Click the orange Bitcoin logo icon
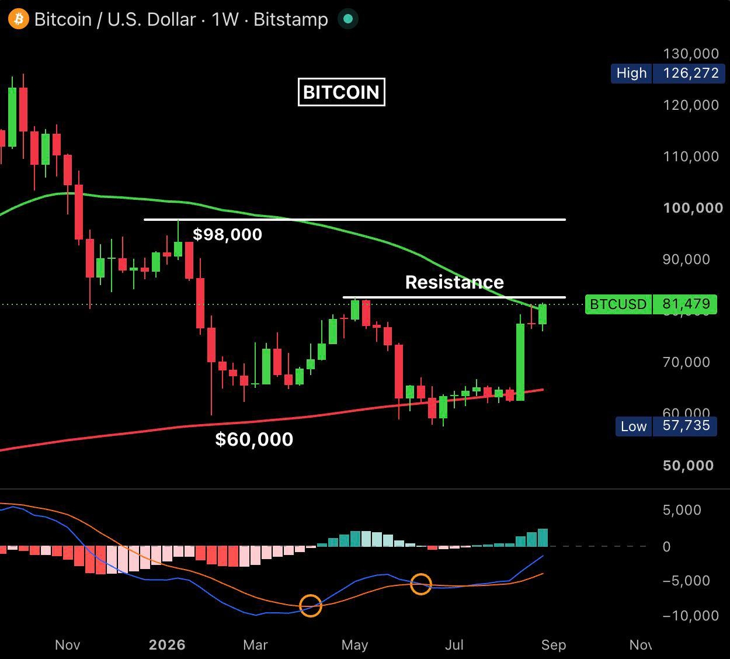(19, 19)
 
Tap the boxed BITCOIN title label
(341, 92)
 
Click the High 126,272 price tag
(668, 73)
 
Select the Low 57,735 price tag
(666, 426)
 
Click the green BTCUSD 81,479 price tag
(651, 304)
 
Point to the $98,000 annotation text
(227, 234)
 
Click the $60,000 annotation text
(254, 439)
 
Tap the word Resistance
(454, 282)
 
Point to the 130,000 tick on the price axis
(691, 54)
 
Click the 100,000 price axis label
(693, 208)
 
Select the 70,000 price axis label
(686, 362)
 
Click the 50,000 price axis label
(688, 466)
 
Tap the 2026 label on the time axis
(167, 645)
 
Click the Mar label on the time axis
(255, 645)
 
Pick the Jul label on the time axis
(454, 645)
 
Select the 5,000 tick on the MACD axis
(682, 510)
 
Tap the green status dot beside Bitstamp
(348, 19)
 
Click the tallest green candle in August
(520, 362)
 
